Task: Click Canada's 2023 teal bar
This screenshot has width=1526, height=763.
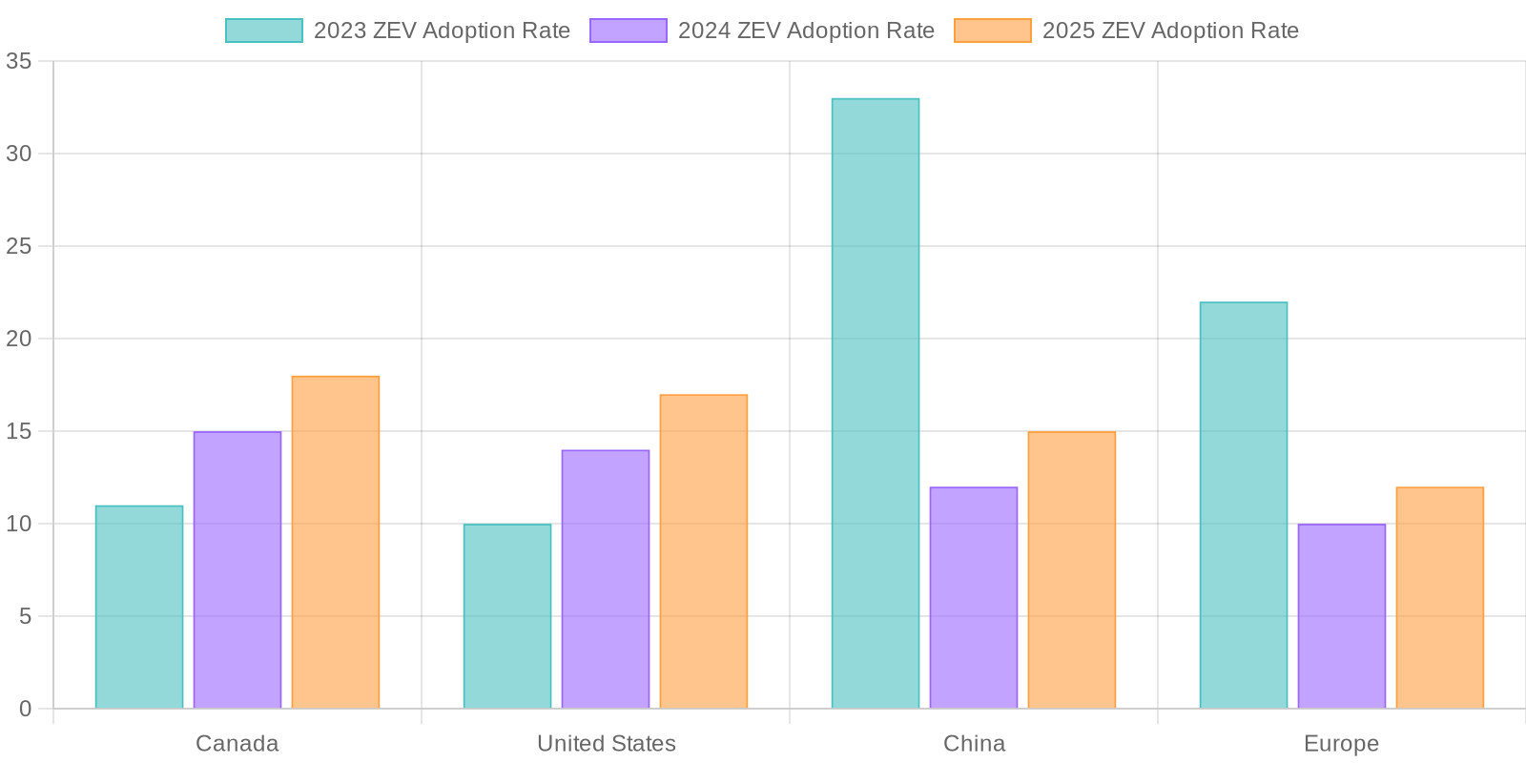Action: (x=139, y=608)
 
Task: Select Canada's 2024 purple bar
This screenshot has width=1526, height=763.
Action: (x=237, y=570)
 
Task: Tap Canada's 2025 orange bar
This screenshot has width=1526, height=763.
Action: (x=336, y=543)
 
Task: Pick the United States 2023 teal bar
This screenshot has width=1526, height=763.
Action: (x=507, y=616)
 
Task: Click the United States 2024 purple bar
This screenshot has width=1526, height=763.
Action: (x=606, y=580)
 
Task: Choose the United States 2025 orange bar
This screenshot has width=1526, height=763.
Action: (x=704, y=552)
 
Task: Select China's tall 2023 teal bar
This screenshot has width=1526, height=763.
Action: (x=876, y=403)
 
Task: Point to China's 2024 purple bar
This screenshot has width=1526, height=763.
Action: (x=974, y=598)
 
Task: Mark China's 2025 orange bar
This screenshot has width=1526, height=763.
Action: (x=1072, y=570)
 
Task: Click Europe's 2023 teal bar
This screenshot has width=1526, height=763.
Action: (x=1244, y=505)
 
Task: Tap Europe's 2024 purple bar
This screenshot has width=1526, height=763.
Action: (x=1342, y=616)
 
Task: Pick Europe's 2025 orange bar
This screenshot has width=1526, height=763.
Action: (x=1440, y=598)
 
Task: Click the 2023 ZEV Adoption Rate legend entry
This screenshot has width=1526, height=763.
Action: (x=398, y=31)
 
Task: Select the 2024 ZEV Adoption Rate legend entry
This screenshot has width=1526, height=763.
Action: (x=762, y=31)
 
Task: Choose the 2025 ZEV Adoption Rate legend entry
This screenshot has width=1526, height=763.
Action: (x=1126, y=31)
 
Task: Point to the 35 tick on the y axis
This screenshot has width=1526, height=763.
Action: (x=19, y=62)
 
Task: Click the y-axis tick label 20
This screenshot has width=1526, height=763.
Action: (x=19, y=339)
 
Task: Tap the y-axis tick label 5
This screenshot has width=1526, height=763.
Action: (x=25, y=616)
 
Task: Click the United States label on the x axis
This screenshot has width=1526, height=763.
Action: (x=606, y=743)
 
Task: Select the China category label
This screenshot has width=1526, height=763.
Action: (x=974, y=743)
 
